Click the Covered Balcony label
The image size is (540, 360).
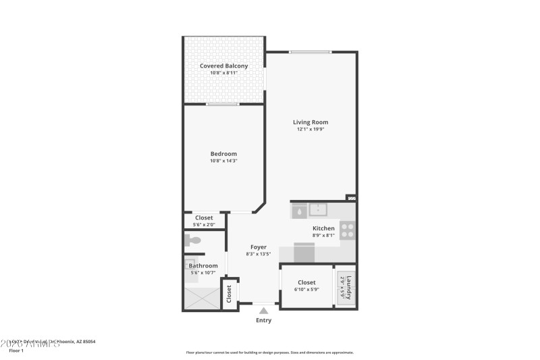click(223, 66)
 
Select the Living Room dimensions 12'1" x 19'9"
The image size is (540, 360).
click(310, 129)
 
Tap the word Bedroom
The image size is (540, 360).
click(223, 153)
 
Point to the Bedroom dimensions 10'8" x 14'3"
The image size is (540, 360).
click(223, 161)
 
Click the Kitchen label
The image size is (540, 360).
click(323, 228)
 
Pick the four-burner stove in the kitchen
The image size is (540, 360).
click(348, 230)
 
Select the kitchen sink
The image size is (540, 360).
click(317, 209)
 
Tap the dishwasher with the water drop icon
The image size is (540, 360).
click(298, 211)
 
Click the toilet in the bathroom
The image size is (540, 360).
click(194, 240)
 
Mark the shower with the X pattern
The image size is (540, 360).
click(202, 298)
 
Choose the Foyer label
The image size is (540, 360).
click(258, 247)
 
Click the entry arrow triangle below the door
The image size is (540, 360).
click(263, 311)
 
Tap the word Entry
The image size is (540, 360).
click(263, 320)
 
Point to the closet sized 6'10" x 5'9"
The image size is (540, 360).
click(306, 286)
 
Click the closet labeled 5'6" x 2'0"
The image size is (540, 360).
click(204, 220)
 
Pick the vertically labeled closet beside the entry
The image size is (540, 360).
click(230, 294)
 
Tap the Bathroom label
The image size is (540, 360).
click(203, 265)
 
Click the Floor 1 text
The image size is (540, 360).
click(16, 351)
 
